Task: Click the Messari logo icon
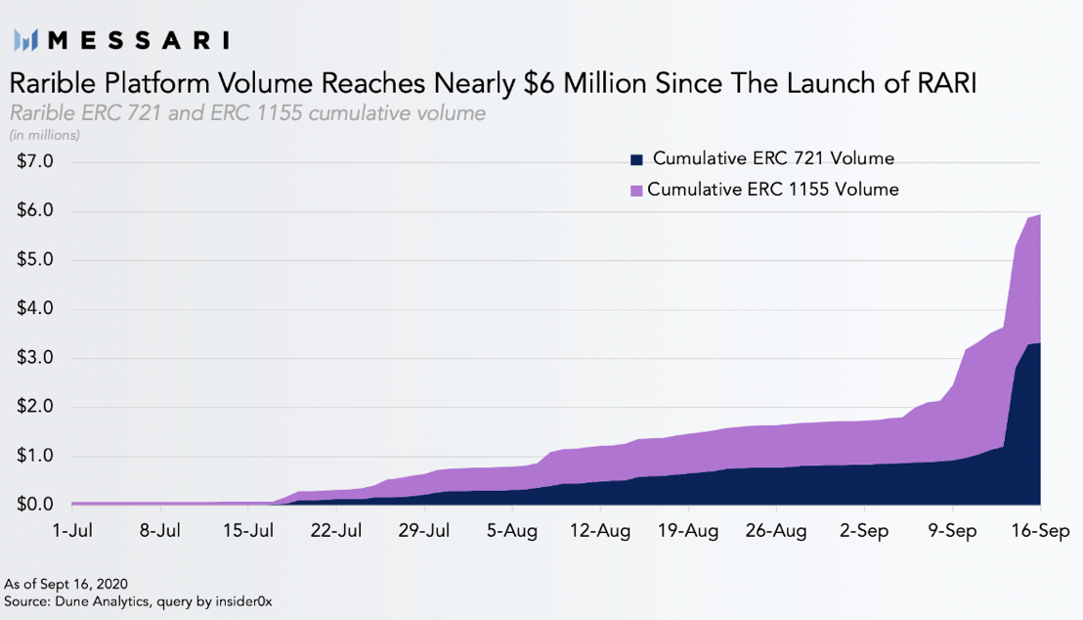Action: [26, 40]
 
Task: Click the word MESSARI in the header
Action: [139, 40]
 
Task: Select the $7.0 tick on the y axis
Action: [35, 161]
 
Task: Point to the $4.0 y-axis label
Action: [35, 309]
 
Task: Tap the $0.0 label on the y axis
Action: [35, 505]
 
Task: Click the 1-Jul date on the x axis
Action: [71, 531]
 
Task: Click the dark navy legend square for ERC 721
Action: [636, 159]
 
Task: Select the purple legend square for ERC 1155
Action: [636, 190]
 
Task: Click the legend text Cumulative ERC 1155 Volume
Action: [772, 190]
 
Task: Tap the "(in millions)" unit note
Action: [44, 135]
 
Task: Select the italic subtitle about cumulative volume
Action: [246, 113]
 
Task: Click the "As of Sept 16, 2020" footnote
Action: [65, 584]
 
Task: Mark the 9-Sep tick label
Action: [952, 531]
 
